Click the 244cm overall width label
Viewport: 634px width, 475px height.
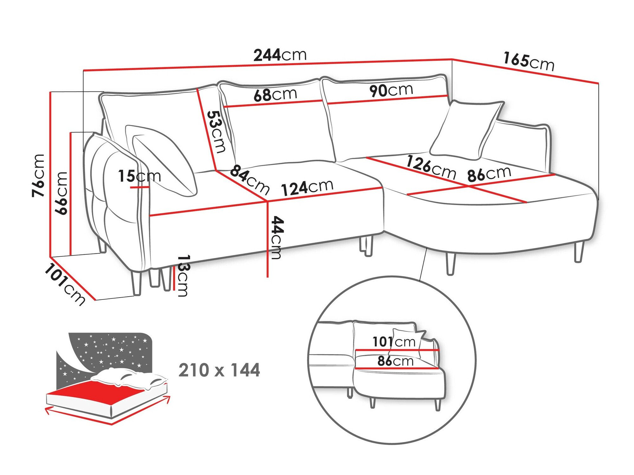click(280, 55)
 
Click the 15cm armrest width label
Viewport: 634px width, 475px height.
click(139, 176)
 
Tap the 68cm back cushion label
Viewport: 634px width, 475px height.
click(275, 94)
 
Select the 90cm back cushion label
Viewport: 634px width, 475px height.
click(391, 90)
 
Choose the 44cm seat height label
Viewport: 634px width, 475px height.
click(275, 238)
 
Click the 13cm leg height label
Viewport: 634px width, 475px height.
click(183, 275)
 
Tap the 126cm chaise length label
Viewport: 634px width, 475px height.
click(431, 167)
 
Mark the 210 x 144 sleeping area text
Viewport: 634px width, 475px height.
click(219, 370)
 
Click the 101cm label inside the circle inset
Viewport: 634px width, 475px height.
click(394, 342)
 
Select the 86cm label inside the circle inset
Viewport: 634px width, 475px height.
click(395, 361)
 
